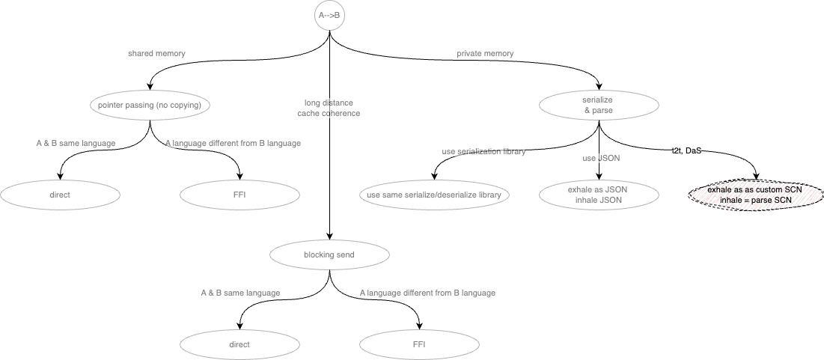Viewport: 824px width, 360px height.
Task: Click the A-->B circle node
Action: pyautogui.click(x=329, y=15)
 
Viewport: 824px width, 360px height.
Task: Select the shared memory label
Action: pyautogui.click(x=156, y=54)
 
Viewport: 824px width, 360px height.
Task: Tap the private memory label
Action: pyautogui.click(x=485, y=54)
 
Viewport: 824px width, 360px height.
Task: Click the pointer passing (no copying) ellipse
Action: pyautogui.click(x=150, y=106)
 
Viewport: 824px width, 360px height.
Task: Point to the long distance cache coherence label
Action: pyautogui.click(x=329, y=108)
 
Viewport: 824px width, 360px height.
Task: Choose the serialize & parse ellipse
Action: pyautogui.click(x=598, y=106)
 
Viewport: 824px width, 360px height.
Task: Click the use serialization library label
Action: pyautogui.click(x=483, y=151)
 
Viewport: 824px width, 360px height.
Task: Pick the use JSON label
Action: pyautogui.click(x=601, y=159)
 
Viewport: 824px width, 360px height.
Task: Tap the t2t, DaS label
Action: pyautogui.click(x=686, y=150)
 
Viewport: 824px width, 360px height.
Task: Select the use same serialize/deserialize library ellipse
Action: pyautogui.click(x=433, y=195)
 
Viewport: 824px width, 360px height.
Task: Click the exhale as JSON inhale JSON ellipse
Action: pyautogui.click(x=598, y=195)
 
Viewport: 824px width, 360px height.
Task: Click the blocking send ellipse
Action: pyautogui.click(x=329, y=255)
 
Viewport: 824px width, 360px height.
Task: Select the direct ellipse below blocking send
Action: pyautogui.click(x=239, y=345)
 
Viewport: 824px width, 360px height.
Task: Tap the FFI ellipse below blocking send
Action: pyautogui.click(x=419, y=345)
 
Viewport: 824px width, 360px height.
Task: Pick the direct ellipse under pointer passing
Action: pyautogui.click(x=60, y=195)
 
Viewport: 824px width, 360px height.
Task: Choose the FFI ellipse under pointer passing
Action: pyautogui.click(x=239, y=195)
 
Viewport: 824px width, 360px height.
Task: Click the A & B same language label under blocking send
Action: pyautogui.click(x=240, y=293)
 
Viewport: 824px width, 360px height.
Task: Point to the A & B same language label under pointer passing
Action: pyautogui.click(x=76, y=144)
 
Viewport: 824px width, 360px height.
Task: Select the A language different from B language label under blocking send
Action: pyautogui.click(x=427, y=293)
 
